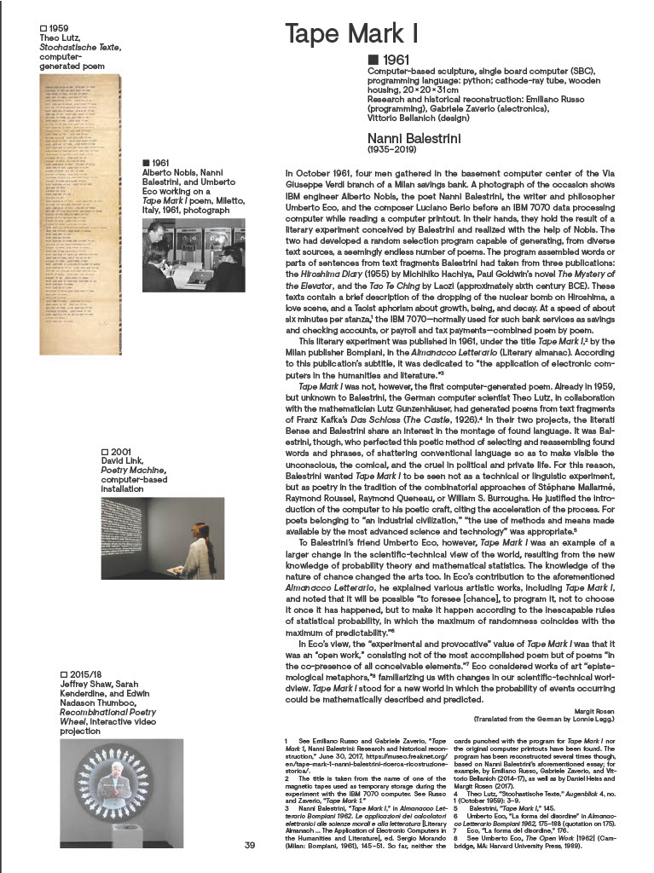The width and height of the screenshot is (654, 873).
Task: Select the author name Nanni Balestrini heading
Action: (417, 138)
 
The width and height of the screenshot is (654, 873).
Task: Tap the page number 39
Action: (250, 846)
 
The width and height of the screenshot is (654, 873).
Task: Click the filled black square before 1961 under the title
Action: (372, 59)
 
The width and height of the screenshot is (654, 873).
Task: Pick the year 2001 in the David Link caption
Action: (119, 451)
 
